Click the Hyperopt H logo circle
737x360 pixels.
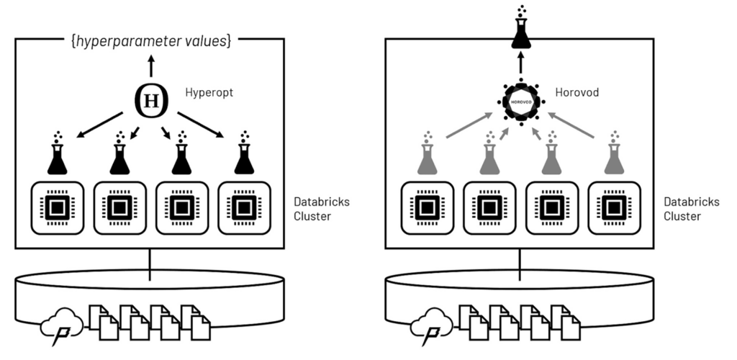coord(151,100)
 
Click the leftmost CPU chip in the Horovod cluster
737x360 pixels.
coord(428,207)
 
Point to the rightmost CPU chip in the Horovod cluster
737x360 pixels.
coord(613,207)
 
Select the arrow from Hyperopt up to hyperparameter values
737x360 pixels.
coord(151,67)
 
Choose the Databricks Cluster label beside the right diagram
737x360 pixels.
coord(691,209)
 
